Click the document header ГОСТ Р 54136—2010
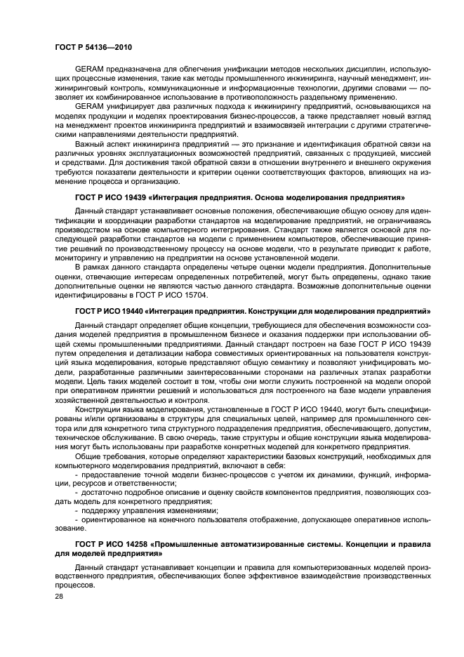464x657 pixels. [x=93, y=46]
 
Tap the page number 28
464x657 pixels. [x=58, y=595]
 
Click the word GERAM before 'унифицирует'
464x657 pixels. [x=88, y=106]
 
